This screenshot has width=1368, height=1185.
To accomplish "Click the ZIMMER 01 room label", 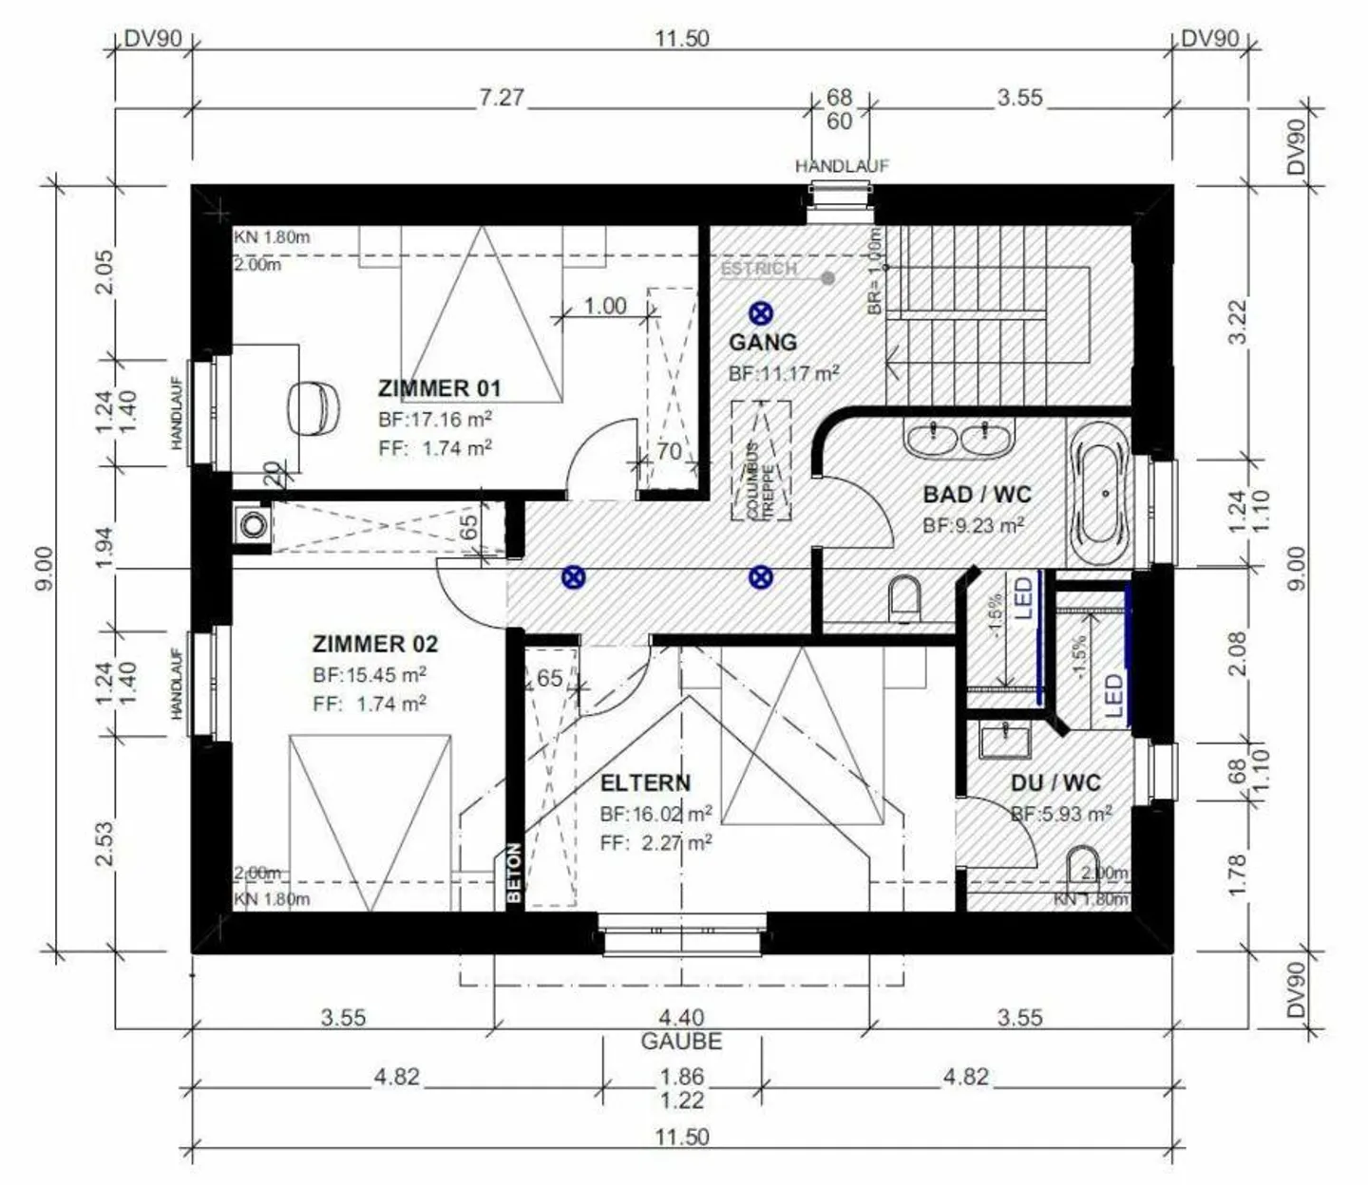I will (x=438, y=387).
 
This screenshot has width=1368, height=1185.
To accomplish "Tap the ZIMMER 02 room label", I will (x=375, y=644).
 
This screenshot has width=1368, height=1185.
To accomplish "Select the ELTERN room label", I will (x=645, y=783).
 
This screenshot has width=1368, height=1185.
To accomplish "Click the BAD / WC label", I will (x=977, y=495).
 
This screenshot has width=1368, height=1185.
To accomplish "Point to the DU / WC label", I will (x=1054, y=783).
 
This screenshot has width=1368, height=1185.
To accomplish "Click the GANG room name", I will (x=762, y=342).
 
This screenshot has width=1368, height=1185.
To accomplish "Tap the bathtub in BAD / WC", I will (x=1098, y=495).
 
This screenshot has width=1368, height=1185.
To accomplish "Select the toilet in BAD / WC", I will (x=904, y=598).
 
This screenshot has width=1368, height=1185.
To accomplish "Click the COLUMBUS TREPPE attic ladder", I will (x=761, y=461).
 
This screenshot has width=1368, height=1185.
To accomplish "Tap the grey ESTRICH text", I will (x=758, y=269).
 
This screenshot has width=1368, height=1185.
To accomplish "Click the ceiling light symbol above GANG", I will (x=760, y=312).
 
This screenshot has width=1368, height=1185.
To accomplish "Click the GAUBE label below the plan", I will (x=681, y=1041).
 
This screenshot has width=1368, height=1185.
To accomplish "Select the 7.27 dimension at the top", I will (x=501, y=98).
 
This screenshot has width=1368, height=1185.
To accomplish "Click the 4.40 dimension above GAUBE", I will (x=681, y=1018).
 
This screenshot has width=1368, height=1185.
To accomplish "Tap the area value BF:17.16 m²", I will (x=434, y=418).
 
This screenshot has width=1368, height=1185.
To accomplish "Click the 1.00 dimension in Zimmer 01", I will (x=604, y=306).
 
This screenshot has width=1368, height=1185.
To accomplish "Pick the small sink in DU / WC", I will (x=1005, y=739).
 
